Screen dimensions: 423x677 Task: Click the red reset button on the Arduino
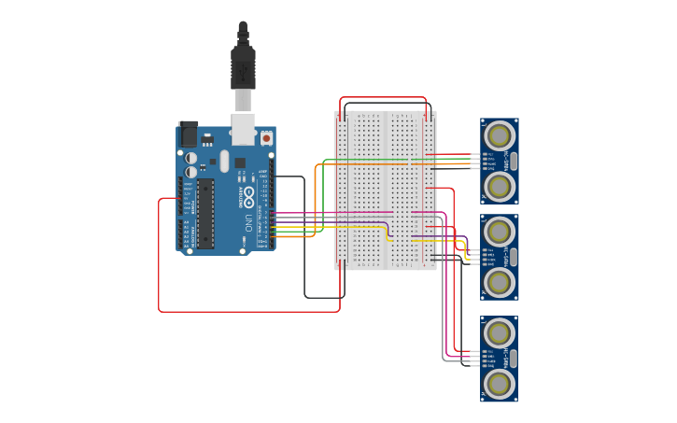pyautogui.click(x=266, y=138)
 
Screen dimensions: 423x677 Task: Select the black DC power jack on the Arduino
pyautogui.click(x=189, y=134)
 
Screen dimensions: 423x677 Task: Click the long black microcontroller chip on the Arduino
pyautogui.click(x=205, y=214)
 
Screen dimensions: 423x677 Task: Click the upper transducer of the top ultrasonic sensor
pyautogui.click(x=500, y=134)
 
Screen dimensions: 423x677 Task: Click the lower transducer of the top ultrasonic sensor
pyautogui.click(x=500, y=187)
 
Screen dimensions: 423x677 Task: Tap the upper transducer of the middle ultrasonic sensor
pyautogui.click(x=500, y=230)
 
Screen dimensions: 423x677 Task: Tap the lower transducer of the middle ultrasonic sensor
pyautogui.click(x=500, y=282)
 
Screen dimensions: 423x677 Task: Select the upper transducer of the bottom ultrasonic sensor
pyautogui.click(x=500, y=331)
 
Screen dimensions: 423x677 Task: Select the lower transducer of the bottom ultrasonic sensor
pyautogui.click(x=500, y=384)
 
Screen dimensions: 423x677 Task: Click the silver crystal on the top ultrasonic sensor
pyautogui.click(x=513, y=161)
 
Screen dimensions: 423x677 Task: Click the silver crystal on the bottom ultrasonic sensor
pyautogui.click(x=513, y=358)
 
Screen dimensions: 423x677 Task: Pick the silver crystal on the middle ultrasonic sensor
pyautogui.click(x=513, y=256)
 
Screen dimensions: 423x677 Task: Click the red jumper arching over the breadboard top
pyautogui.click(x=383, y=97)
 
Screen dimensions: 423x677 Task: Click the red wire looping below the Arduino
pyautogui.click(x=247, y=311)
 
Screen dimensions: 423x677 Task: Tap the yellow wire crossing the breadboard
pyautogui.click(x=355, y=226)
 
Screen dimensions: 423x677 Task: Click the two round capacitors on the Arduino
pyautogui.click(x=190, y=165)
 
